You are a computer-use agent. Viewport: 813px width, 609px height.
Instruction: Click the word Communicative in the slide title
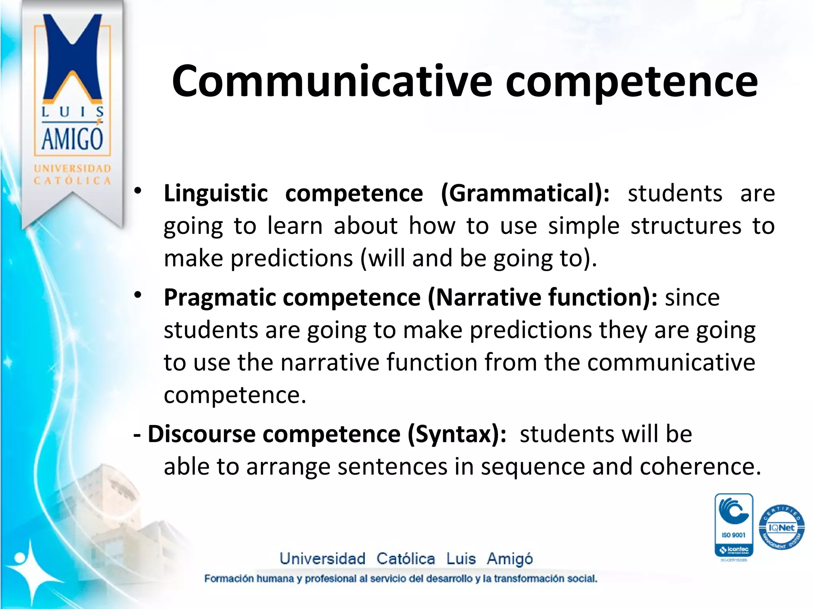(x=331, y=81)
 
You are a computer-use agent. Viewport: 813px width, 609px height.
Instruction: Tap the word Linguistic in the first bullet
(x=216, y=193)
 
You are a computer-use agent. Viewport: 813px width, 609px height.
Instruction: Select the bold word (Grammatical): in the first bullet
(x=525, y=193)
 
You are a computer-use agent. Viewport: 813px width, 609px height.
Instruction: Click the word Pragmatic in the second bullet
(x=219, y=298)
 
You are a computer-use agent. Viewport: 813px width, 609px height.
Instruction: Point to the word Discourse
(x=201, y=434)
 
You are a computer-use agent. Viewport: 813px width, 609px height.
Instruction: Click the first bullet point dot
(x=138, y=191)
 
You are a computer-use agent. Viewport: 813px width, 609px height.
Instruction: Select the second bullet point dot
(x=138, y=295)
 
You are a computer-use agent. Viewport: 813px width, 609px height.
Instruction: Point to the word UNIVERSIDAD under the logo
(x=72, y=169)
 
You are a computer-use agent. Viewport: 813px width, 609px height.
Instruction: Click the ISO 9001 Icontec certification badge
(x=734, y=525)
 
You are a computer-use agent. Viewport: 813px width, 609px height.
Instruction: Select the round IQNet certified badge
(x=781, y=528)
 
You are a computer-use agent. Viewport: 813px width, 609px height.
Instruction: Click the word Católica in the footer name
(x=405, y=559)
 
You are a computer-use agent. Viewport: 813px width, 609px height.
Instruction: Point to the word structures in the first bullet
(x=686, y=226)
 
